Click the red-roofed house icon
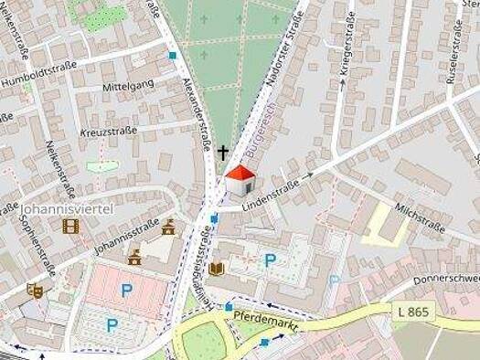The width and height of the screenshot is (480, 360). pos(240,180)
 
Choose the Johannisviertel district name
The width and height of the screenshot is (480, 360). pos(67,208)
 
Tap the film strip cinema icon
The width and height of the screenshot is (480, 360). pos(70,226)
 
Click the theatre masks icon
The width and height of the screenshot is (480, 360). pos(35,291)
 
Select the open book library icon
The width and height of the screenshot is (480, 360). pos(217,268)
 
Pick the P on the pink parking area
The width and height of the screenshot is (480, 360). pos(126,291)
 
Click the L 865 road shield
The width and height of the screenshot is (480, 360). pos(414,312)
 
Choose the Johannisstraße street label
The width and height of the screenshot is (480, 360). pos(126,237)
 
